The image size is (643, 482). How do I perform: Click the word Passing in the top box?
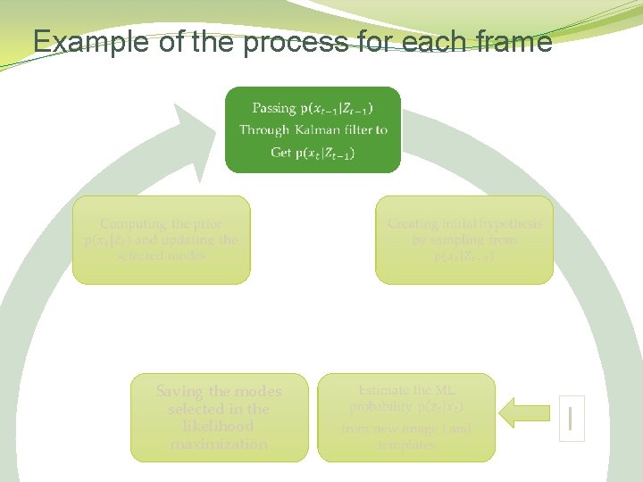point(273,108)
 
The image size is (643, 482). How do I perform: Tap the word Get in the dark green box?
point(281,153)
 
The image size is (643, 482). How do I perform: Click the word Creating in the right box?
point(413,224)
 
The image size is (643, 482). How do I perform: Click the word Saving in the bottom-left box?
point(180,391)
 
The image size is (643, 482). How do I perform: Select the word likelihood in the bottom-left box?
point(219,427)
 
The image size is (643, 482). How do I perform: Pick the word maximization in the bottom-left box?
point(219,444)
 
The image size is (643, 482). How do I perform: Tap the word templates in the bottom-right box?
point(406,445)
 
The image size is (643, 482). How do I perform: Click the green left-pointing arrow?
point(528,413)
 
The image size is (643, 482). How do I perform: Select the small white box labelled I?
point(572,418)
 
